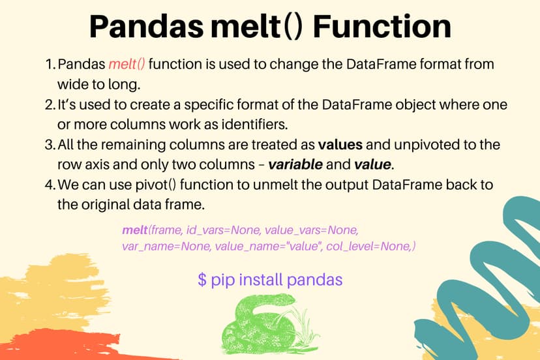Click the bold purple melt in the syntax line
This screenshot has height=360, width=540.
click(x=134, y=231)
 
